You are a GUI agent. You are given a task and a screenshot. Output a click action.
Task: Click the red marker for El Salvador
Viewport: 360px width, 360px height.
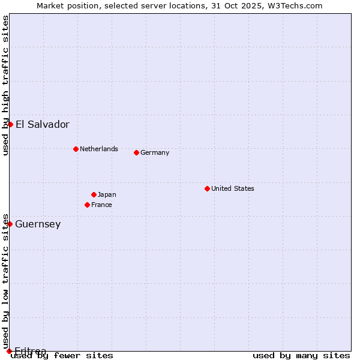click(x=10, y=124)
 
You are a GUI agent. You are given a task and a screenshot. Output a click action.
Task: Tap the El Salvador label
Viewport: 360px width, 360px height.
click(x=42, y=125)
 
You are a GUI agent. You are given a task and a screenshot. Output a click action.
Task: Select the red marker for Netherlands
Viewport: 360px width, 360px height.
click(x=76, y=149)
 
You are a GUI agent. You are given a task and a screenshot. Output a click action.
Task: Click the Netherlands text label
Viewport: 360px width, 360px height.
click(x=98, y=149)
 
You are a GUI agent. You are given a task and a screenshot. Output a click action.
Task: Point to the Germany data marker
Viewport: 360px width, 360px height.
click(x=136, y=152)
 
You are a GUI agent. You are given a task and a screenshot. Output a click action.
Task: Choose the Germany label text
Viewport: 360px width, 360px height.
click(x=155, y=152)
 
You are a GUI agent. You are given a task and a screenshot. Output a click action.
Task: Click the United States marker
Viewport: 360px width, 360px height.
click(x=207, y=188)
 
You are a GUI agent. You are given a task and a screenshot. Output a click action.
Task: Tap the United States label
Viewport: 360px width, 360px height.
click(x=232, y=188)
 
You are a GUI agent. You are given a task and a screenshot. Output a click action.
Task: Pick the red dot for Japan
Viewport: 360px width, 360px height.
click(x=94, y=194)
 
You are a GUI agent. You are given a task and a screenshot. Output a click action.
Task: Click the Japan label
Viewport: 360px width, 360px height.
click(x=107, y=194)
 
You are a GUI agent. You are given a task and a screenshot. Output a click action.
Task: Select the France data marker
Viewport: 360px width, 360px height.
click(x=87, y=205)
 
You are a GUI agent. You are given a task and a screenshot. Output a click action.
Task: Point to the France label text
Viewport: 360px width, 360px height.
click(x=101, y=205)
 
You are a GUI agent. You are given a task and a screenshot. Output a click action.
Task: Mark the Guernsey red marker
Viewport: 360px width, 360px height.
click(x=10, y=224)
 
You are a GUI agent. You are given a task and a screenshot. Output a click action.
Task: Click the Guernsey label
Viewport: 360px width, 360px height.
click(x=38, y=224)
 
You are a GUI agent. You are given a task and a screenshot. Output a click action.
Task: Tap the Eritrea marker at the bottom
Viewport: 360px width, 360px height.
click(x=9, y=351)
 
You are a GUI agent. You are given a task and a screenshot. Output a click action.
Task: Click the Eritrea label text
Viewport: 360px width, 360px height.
click(x=30, y=351)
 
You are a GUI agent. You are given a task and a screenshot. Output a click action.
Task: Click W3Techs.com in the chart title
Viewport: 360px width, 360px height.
click(x=295, y=5)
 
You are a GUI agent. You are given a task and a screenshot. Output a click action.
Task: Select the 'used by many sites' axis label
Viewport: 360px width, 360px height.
click(x=301, y=356)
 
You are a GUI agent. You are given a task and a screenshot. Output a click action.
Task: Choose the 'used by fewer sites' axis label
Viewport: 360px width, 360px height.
click(x=62, y=356)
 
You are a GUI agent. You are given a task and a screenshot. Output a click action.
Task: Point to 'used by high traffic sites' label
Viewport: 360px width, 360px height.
click(x=5, y=85)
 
